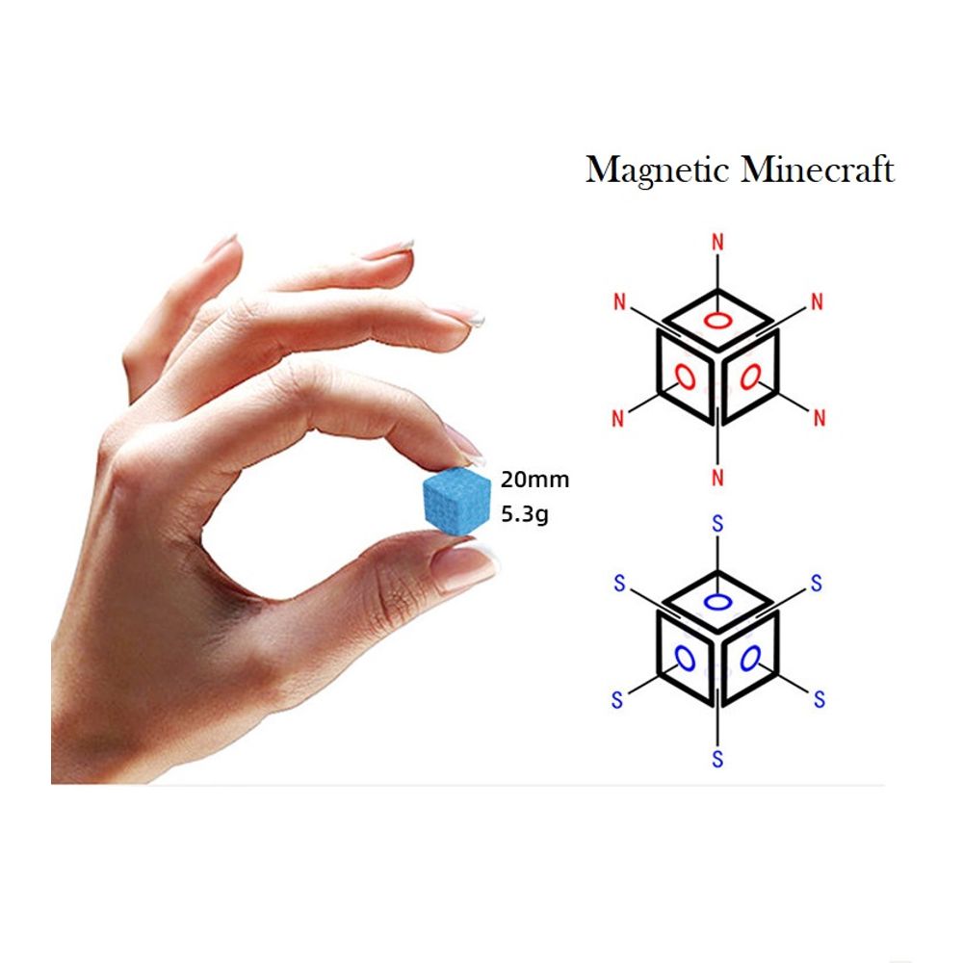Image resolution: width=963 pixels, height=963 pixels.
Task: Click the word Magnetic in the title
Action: coord(658,170)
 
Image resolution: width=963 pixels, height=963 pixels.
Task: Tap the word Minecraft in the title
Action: coord(818,170)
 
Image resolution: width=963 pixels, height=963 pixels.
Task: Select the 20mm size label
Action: coord(534,480)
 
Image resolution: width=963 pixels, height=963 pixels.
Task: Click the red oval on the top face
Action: coord(717,321)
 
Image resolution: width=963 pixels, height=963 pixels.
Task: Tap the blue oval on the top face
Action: coord(717,603)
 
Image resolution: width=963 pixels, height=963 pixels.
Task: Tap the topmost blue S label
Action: coord(716,525)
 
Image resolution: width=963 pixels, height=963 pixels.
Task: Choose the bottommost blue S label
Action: coord(717,759)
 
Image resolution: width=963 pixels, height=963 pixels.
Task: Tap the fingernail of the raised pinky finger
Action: coord(222,246)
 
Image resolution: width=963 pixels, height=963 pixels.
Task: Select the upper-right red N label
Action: coord(818,302)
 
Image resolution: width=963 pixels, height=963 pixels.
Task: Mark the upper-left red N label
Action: coord(618,302)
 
